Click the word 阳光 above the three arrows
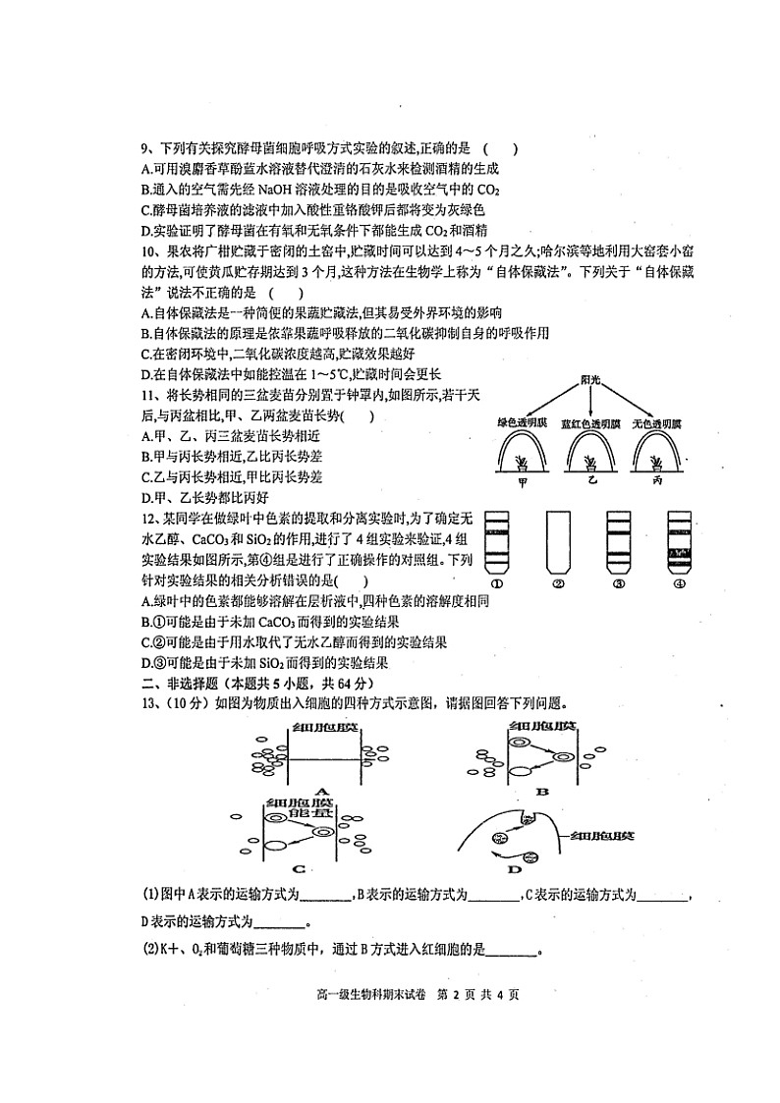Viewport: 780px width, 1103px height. tap(590, 379)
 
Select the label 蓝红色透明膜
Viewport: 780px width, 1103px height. tap(590, 422)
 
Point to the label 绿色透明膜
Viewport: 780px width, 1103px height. tap(523, 422)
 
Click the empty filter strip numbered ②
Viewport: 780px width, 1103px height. tap(557, 543)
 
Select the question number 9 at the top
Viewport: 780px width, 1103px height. tap(144, 149)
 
